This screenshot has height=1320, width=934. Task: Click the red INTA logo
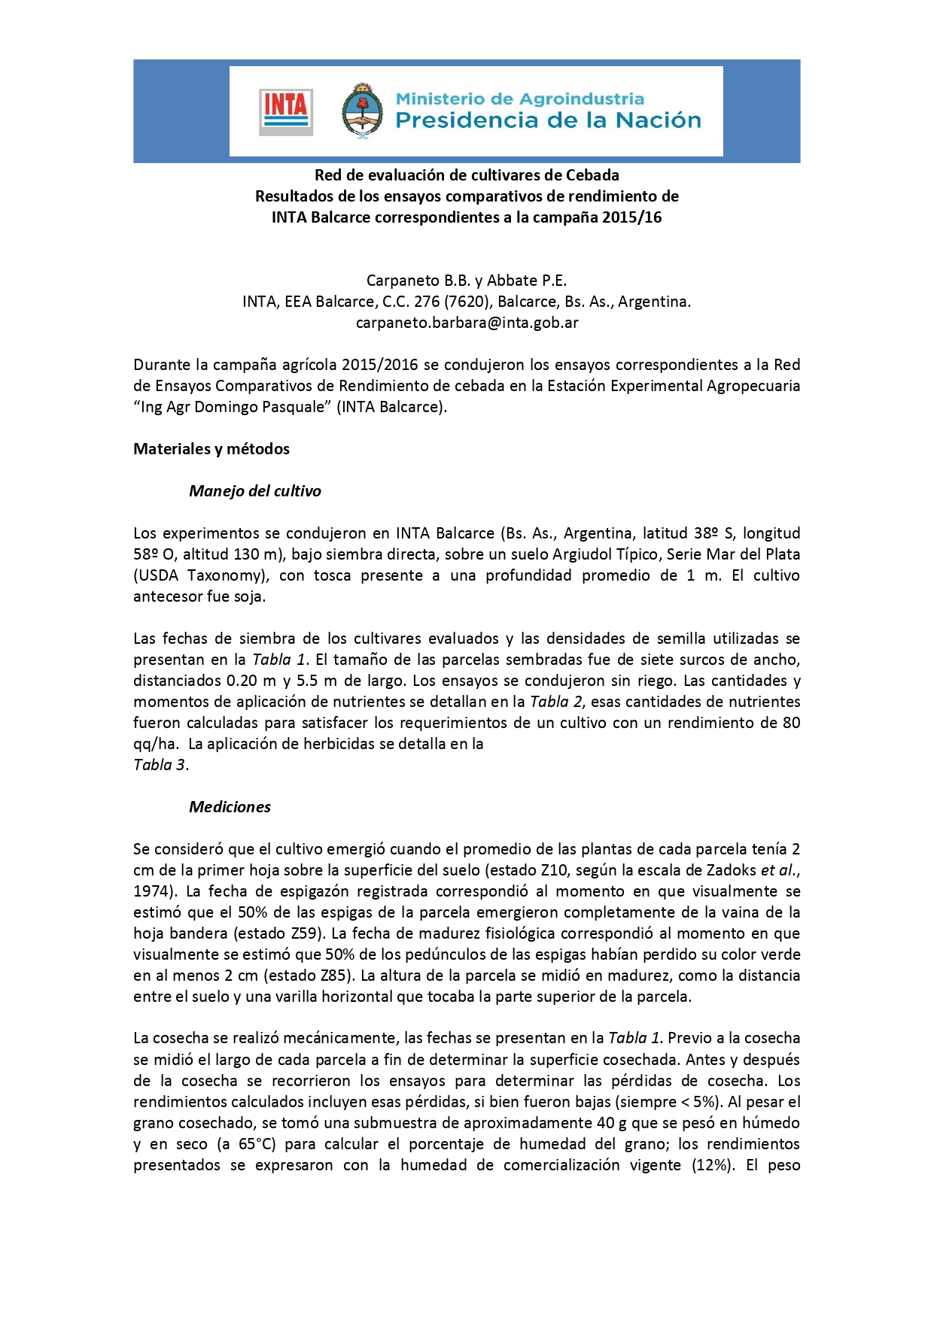tap(286, 111)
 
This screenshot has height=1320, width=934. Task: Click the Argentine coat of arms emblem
tap(362, 111)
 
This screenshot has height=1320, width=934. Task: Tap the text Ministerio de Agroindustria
tap(519, 99)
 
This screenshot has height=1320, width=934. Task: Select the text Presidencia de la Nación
tap(548, 120)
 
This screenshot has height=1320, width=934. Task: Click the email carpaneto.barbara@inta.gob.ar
tap(467, 323)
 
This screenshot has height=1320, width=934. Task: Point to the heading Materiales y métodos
tap(211, 449)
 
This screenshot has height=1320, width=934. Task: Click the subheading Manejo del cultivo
tap(255, 491)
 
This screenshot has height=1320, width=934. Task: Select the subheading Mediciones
tap(230, 807)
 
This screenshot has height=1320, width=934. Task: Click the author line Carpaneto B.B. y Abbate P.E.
tap(467, 281)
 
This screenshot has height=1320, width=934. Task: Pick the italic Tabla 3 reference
tap(160, 765)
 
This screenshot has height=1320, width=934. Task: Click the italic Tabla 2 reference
tap(557, 702)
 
